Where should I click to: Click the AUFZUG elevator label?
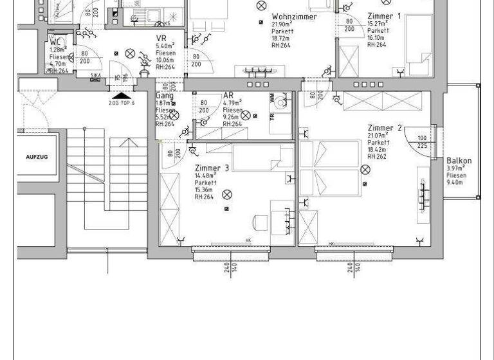click(37, 157)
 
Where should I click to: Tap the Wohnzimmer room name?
click(294, 17)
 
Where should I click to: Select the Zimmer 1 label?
click(384, 15)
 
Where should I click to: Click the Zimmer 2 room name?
click(385, 129)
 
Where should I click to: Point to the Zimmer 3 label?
click(212, 168)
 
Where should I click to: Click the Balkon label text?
click(459, 161)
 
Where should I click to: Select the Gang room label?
click(165, 95)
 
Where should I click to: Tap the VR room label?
click(161, 39)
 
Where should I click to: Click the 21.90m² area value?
click(283, 24)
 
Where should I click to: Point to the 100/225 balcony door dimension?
click(422, 141)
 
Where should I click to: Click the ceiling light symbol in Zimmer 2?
click(365, 170)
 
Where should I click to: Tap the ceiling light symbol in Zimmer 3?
click(226, 194)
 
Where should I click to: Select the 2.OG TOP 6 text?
click(122, 103)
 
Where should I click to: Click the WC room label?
click(55, 42)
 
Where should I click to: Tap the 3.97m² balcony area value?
click(455, 168)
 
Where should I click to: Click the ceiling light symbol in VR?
click(130, 53)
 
